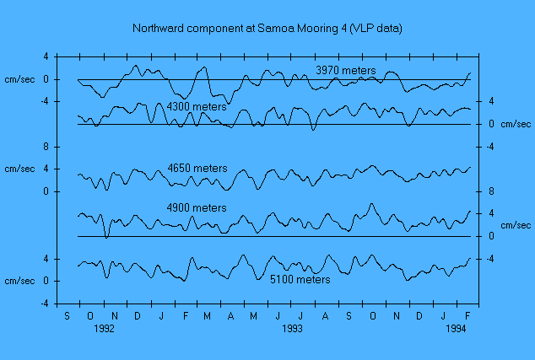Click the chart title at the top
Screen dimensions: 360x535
point(267,29)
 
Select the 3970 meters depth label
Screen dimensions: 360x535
point(345,69)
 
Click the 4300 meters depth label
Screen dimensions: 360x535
point(197,107)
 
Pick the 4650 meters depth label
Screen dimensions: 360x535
point(197,169)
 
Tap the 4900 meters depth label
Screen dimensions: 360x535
point(197,207)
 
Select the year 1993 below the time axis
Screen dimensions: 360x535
point(291,330)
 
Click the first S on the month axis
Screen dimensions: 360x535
point(68,315)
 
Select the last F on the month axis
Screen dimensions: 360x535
point(466,315)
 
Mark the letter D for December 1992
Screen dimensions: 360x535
point(138,315)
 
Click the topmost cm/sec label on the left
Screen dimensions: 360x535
point(19,79)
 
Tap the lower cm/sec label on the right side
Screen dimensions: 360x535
point(516,225)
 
